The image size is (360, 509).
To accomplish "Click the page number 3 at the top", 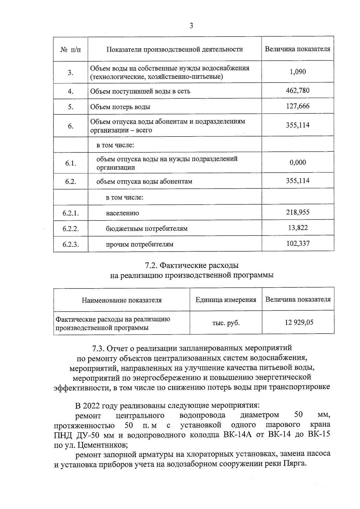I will pyautogui.click(x=191, y=26).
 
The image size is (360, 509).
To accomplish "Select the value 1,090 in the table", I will pyautogui.click(x=298, y=72).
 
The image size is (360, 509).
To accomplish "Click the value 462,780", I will pyautogui.click(x=298, y=90).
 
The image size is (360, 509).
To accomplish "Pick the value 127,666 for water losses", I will pyautogui.click(x=298, y=106).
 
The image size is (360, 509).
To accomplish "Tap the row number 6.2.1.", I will pyautogui.click(x=70, y=213).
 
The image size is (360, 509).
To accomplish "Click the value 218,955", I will pyautogui.click(x=298, y=212).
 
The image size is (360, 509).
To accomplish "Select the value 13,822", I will pyautogui.click(x=298, y=228).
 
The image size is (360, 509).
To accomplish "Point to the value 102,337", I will pyautogui.click(x=298, y=243).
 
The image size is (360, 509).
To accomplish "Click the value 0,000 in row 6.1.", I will pyautogui.click(x=298, y=163).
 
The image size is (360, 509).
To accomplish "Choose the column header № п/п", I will pyautogui.click(x=70, y=49).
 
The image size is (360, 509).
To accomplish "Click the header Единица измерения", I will pyautogui.click(x=226, y=300).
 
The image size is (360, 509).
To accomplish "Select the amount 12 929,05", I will pyautogui.click(x=299, y=322).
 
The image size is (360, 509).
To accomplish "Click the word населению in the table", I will pyautogui.click(x=122, y=214).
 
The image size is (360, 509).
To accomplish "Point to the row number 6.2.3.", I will pyautogui.click(x=70, y=244).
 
